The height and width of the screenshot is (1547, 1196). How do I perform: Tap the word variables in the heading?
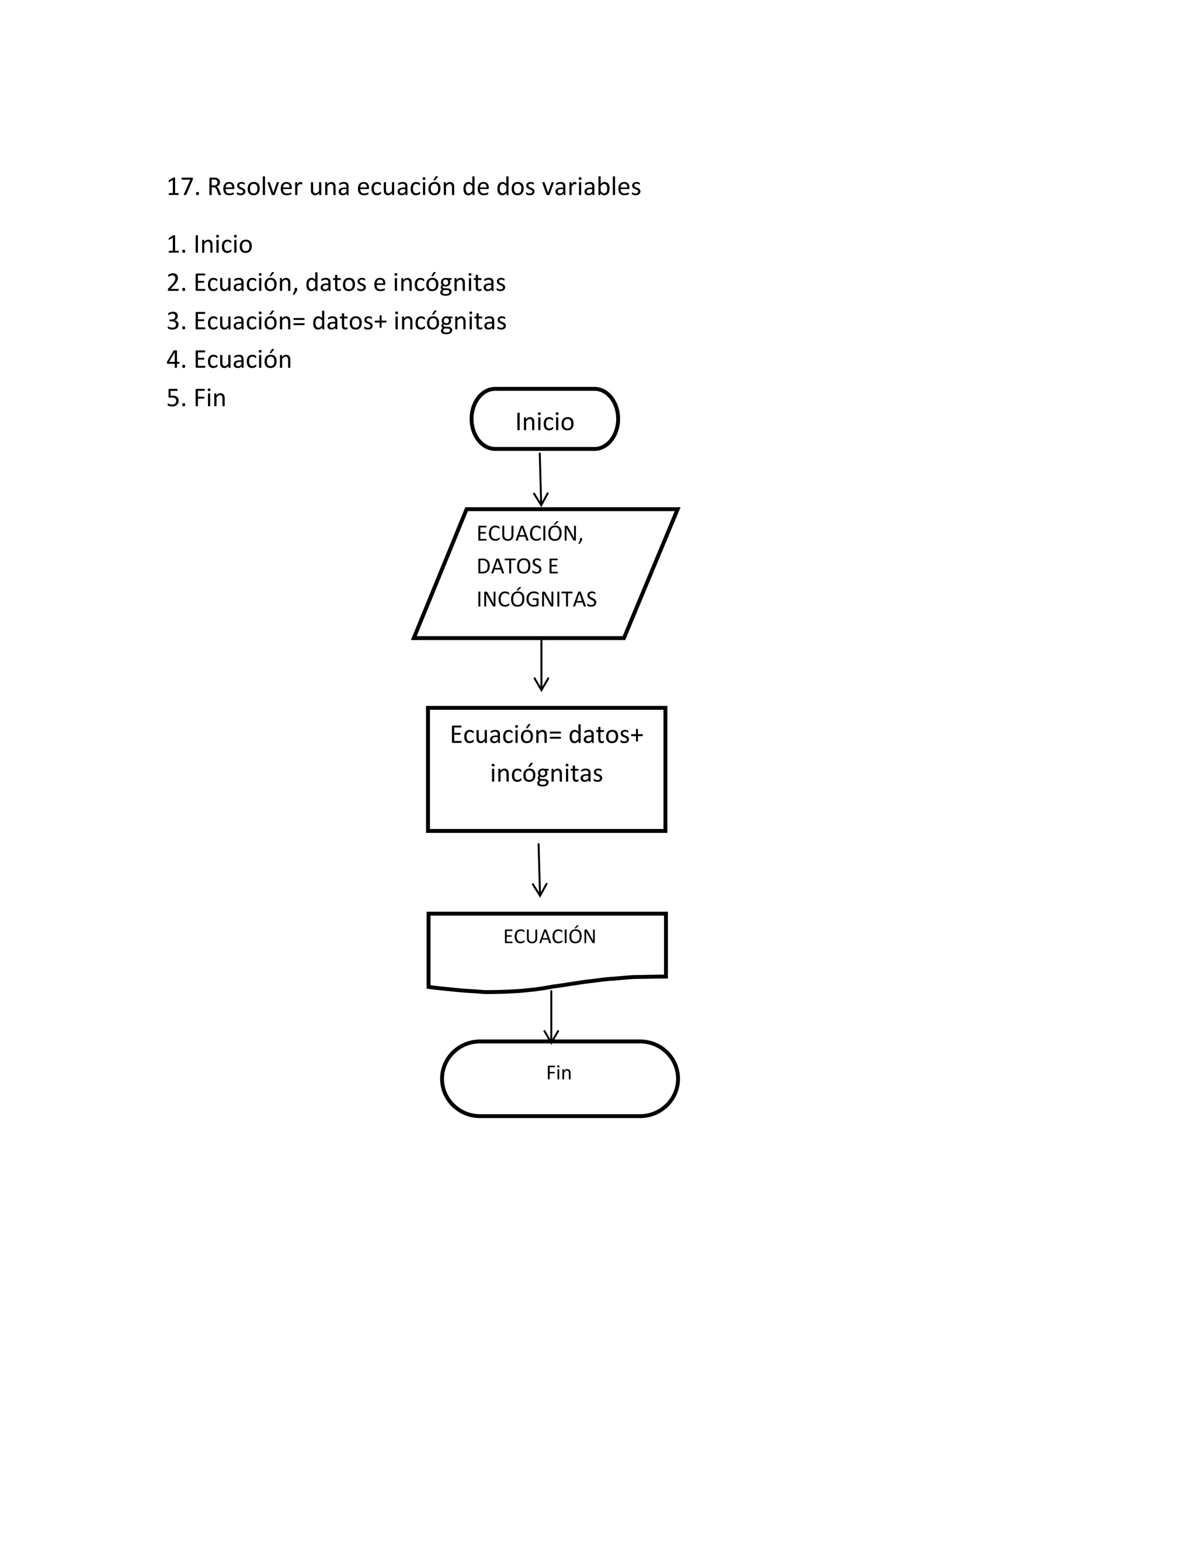coord(591,187)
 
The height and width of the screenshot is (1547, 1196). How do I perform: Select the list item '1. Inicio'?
coord(209,245)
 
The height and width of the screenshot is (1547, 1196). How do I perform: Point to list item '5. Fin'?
coord(196,398)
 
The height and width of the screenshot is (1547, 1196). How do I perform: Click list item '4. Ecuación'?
coord(229,360)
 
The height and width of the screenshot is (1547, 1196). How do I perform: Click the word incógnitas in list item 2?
coord(449,283)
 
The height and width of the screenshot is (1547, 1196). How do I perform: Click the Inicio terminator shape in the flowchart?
coord(544,419)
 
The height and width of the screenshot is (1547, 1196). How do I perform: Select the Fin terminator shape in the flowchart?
coord(559,1078)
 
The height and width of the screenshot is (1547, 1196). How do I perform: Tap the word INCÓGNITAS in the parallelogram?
coord(536,600)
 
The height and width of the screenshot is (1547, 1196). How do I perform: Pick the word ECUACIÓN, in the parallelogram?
coord(529,534)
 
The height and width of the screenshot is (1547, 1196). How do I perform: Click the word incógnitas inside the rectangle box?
coord(546,773)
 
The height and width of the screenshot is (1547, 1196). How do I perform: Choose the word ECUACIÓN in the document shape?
coord(549,937)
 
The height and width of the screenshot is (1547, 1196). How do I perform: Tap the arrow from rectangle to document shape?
coord(539,870)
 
